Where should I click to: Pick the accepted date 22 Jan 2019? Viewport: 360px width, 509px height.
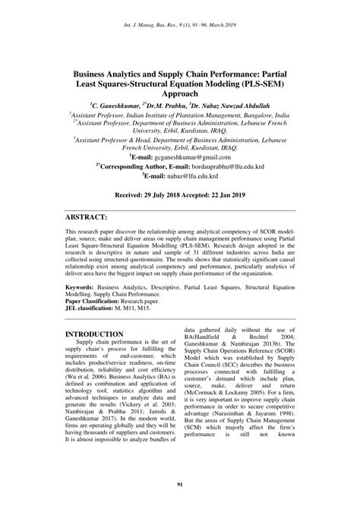224,194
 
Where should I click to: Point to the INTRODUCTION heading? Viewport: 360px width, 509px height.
94,334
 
